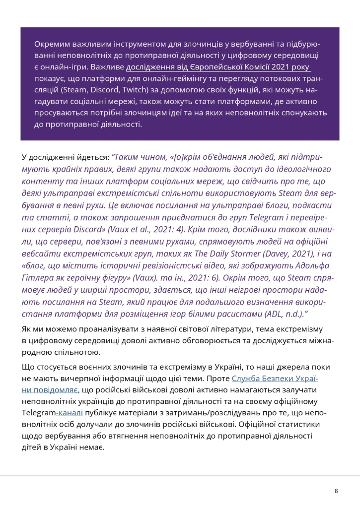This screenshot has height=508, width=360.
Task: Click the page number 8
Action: pos(336,491)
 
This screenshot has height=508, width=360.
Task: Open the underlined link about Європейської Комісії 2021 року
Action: pos(218,67)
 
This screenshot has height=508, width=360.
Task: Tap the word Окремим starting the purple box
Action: pos(50,44)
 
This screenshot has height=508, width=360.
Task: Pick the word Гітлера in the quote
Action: pos(38,279)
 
